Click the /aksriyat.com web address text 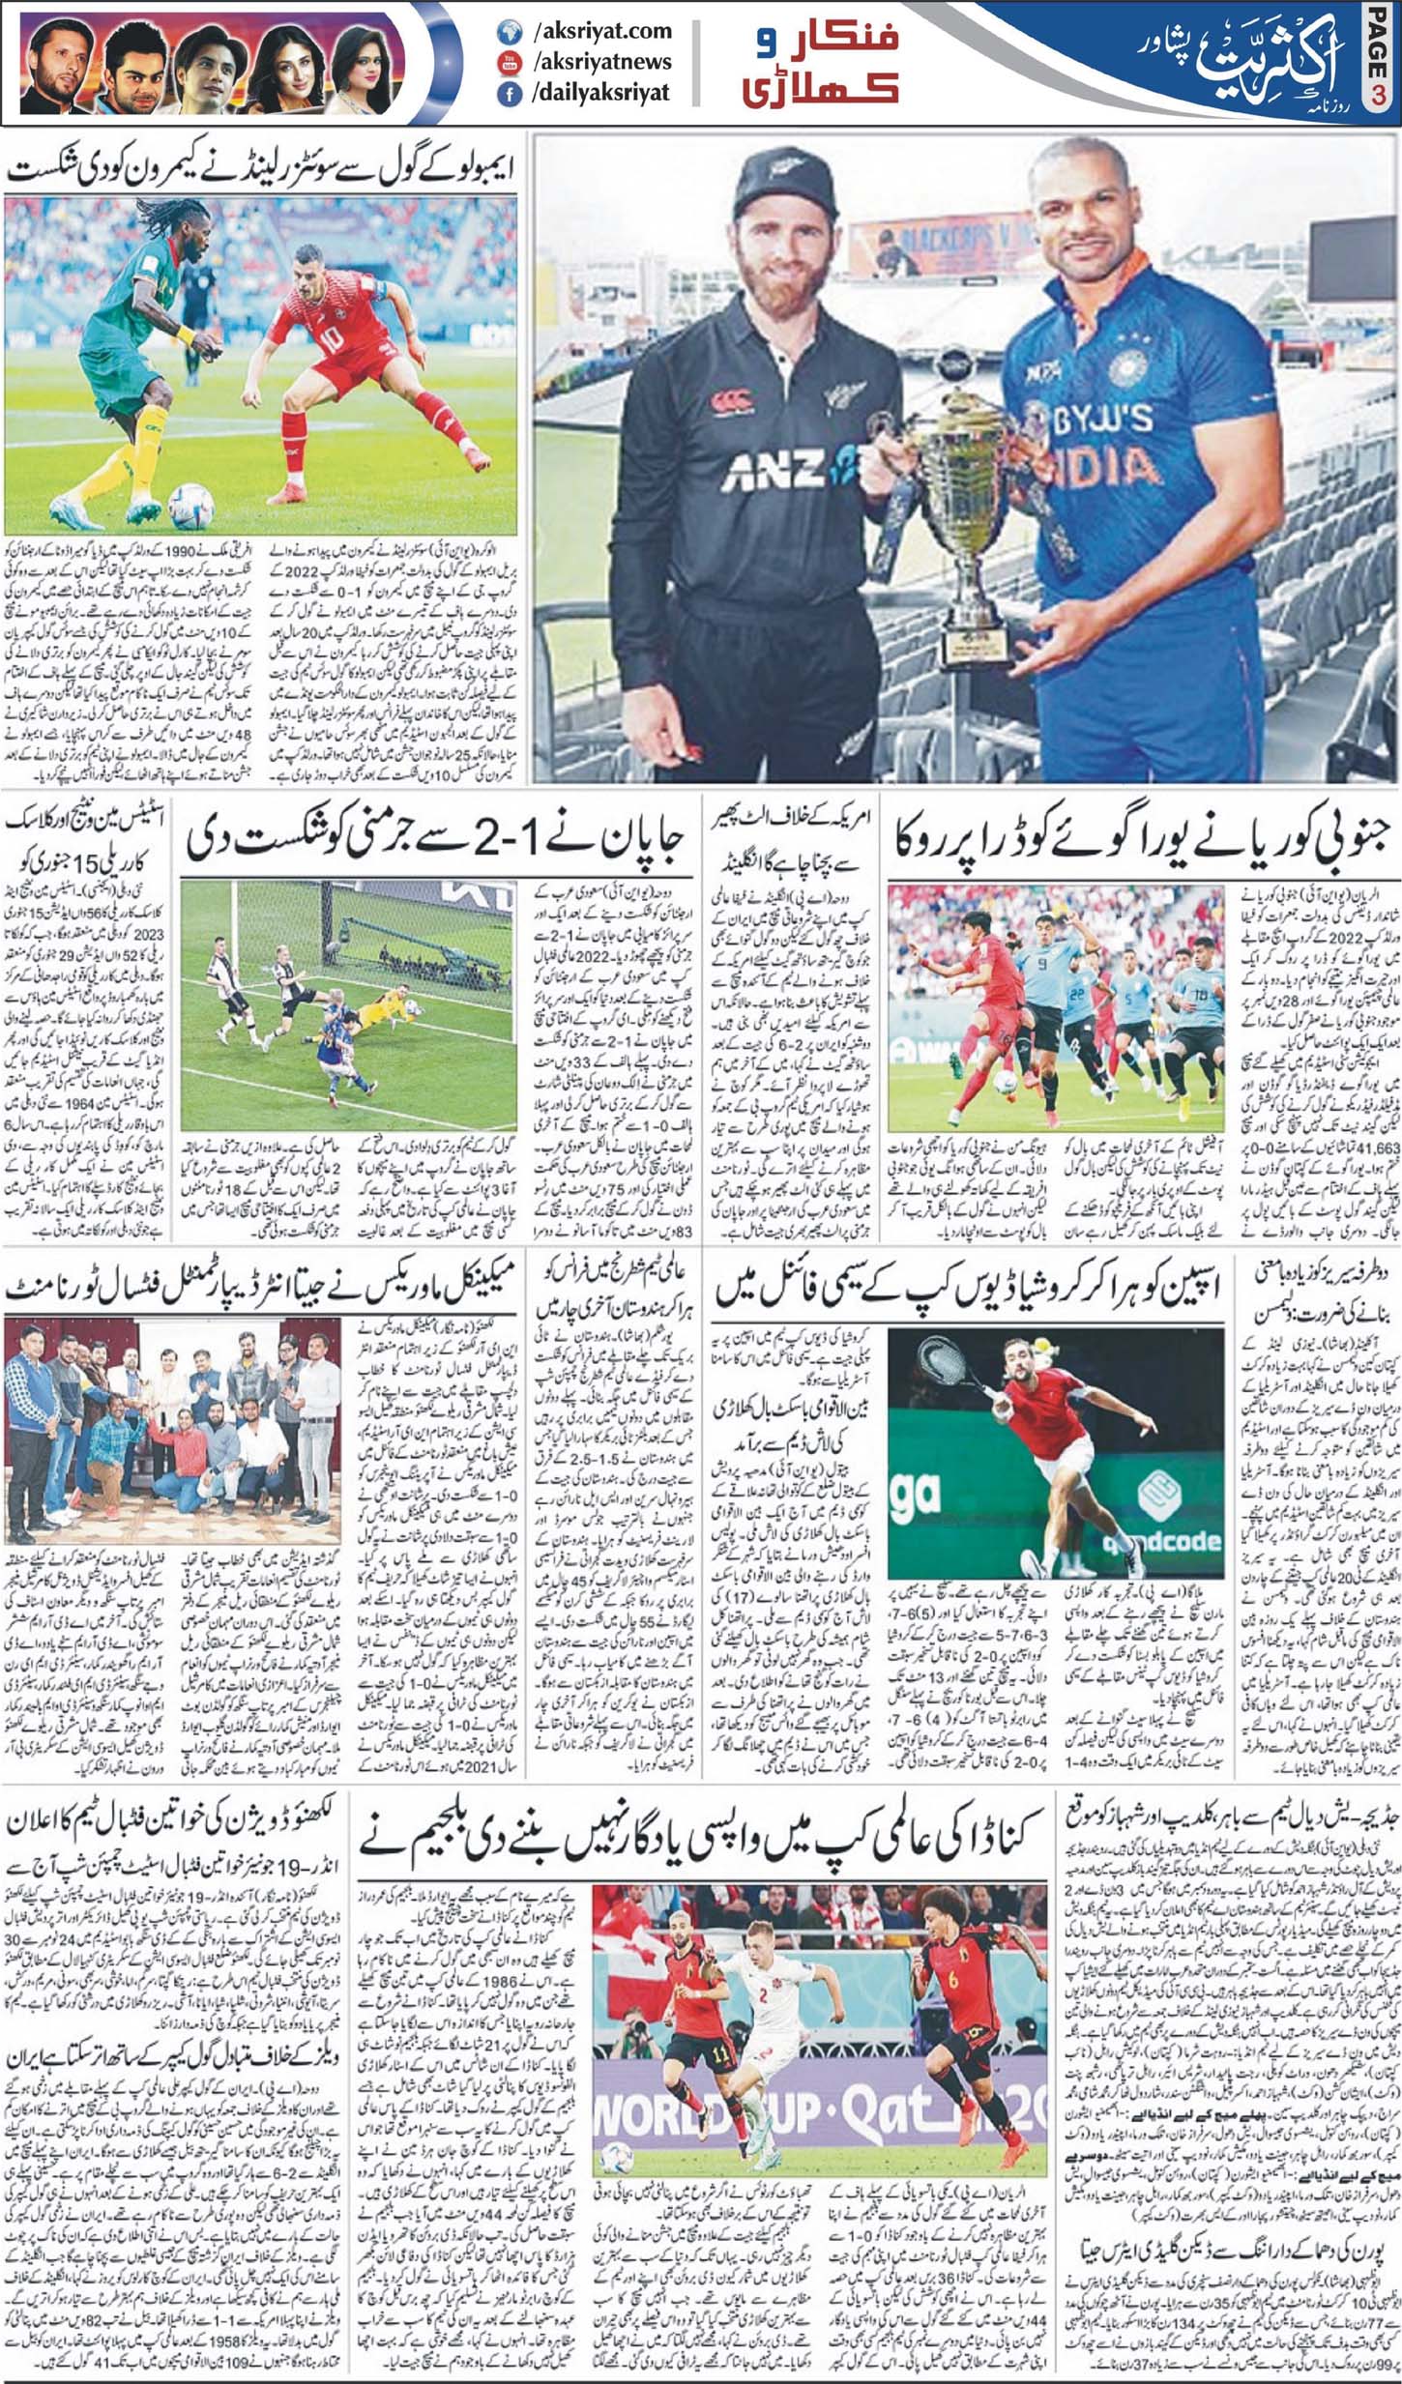coord(601,31)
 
